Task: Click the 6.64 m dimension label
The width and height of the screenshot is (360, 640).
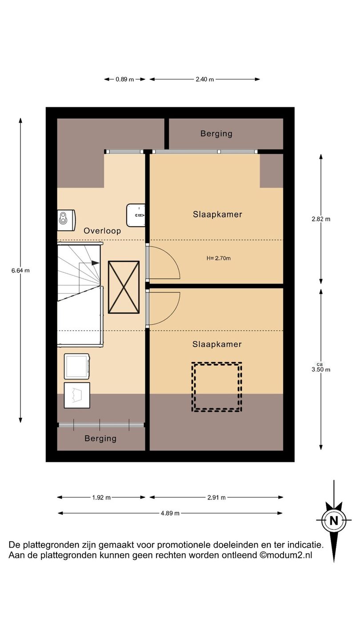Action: [20, 270]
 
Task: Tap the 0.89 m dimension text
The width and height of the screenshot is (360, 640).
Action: [125, 80]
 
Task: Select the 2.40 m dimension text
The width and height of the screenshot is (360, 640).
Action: [204, 80]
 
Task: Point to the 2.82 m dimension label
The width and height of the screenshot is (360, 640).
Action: [321, 219]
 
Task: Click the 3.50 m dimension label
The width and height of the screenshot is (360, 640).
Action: [321, 369]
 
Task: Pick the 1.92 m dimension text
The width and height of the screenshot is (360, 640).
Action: [101, 497]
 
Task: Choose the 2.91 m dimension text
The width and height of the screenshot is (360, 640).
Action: [216, 497]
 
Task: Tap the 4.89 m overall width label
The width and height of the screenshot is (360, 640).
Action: [170, 513]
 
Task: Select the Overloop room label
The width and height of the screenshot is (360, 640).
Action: [102, 231]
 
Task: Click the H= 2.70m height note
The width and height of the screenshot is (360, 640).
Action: [219, 258]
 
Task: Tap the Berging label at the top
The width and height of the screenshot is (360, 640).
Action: [216, 134]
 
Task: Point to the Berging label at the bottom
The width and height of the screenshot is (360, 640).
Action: [100, 439]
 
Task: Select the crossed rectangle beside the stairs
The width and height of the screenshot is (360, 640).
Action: [124, 288]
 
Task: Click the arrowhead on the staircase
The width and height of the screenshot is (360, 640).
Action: [96, 263]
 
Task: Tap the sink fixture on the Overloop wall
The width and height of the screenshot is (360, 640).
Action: [136, 215]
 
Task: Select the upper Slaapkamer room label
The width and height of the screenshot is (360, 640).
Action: [217, 214]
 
